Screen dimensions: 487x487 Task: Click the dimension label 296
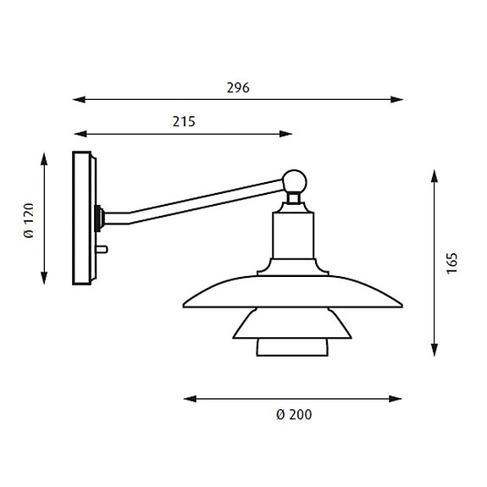coord(238,88)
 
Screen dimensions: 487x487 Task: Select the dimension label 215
coord(183,121)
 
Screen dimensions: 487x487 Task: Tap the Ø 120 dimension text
coord(29,220)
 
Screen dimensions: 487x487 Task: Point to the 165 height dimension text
coord(452,263)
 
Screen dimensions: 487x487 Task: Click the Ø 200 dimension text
coord(292,414)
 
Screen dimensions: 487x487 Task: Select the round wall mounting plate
coord(84,219)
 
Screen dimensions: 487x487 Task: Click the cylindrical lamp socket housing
coord(293,237)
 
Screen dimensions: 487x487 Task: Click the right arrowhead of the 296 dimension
coord(398,100)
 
